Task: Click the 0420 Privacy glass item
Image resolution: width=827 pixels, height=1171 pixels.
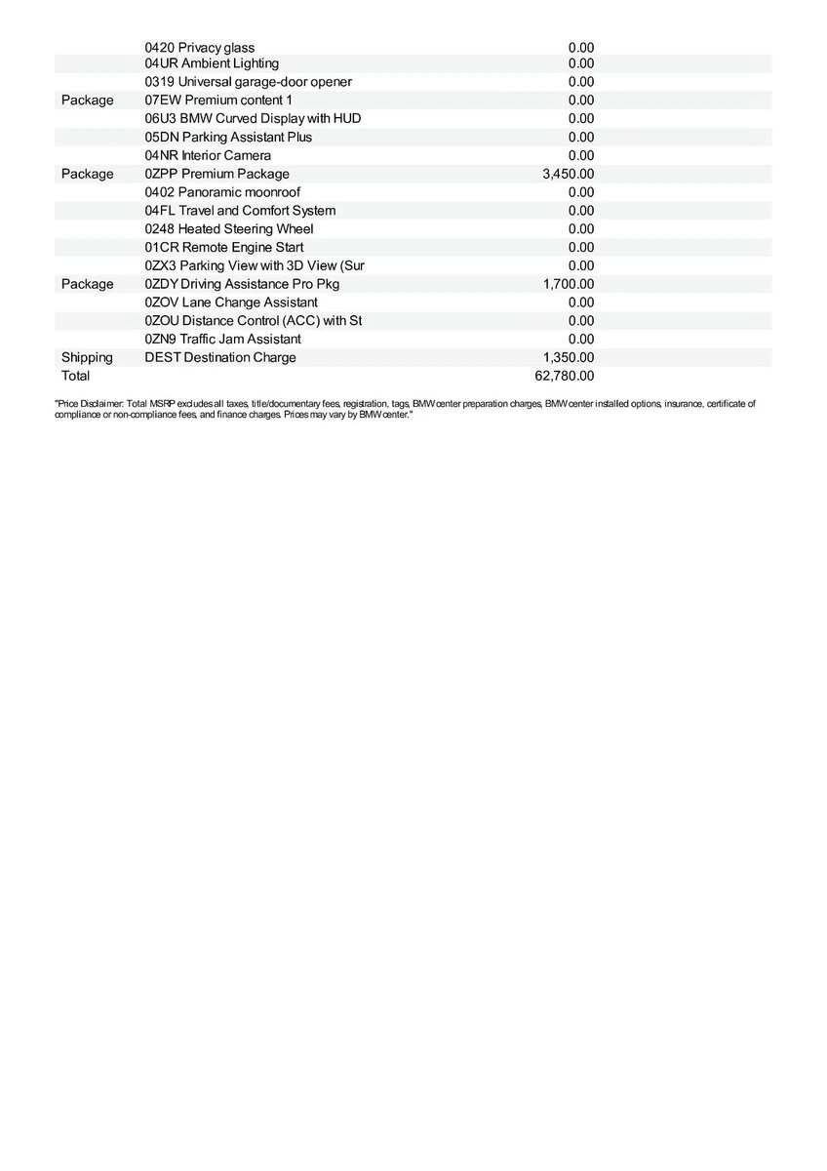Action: coord(199,48)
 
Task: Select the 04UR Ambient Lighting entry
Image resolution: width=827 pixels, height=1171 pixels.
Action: coord(211,63)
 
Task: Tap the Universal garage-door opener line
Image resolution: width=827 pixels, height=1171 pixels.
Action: coord(248,82)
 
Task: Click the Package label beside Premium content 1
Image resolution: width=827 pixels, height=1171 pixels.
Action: coord(87,101)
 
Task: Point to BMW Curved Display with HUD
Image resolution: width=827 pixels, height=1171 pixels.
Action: coord(253,118)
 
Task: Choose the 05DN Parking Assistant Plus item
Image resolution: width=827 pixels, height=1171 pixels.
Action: coord(228,137)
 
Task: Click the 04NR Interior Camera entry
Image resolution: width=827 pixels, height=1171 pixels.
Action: coord(208,155)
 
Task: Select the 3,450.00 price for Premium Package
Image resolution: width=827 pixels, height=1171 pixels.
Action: coord(568,174)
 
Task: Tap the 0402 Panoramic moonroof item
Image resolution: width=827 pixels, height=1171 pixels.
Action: coord(222,192)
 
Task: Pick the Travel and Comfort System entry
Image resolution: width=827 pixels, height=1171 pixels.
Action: coord(240,211)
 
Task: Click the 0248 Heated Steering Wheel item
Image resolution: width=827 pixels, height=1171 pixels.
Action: coord(229,229)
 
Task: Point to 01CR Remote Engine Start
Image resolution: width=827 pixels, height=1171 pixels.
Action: coord(223,247)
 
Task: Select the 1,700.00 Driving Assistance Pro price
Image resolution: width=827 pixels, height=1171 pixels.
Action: coord(568,284)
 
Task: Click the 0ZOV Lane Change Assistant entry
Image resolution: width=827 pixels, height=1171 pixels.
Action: coord(231,303)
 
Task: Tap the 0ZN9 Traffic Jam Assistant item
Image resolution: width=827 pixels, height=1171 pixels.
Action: coord(222,339)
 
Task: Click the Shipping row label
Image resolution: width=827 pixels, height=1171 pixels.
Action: coord(87,357)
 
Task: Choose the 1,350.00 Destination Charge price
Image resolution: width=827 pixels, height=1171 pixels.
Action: coord(568,357)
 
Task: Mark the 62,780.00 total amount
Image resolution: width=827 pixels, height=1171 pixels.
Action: coord(564,376)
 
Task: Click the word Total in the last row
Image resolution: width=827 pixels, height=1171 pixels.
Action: coord(75,376)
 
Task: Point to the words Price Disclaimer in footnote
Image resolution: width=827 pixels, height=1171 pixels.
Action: coord(88,403)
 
